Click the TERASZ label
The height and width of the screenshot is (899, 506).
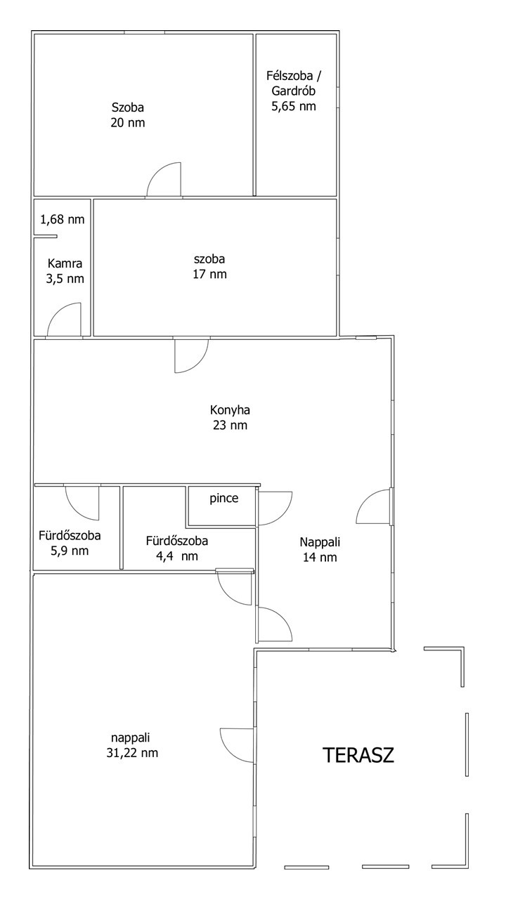[x=358, y=755]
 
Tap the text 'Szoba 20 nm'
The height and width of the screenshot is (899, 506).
[x=128, y=115]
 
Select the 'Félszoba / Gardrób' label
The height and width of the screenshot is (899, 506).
[x=294, y=83]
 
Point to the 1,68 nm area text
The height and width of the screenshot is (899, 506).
[x=63, y=220]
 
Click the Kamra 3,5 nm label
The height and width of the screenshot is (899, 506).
[x=65, y=271]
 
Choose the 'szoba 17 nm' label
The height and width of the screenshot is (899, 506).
[x=209, y=267]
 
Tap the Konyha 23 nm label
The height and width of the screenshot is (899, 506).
[x=230, y=417]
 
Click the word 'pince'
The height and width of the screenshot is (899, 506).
[x=224, y=499]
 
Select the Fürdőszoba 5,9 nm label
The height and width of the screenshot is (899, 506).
[x=70, y=543]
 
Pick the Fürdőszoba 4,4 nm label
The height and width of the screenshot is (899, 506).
[x=177, y=549]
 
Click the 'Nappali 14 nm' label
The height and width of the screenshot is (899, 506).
[x=320, y=550]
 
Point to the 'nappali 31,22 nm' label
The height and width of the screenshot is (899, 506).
[x=132, y=745]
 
